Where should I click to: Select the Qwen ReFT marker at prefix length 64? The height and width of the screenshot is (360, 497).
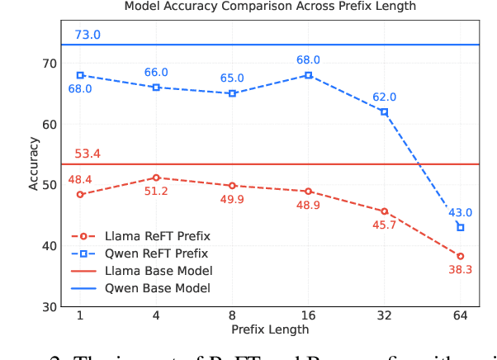tap(460, 227)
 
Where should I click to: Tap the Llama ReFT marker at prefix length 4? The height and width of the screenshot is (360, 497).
tap(156, 178)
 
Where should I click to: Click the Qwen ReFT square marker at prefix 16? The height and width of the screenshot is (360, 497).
tap(308, 75)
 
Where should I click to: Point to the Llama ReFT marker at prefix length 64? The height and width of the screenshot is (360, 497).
tap(460, 256)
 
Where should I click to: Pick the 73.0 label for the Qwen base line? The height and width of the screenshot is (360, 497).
tap(88, 35)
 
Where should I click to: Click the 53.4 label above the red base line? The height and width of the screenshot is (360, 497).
tap(88, 154)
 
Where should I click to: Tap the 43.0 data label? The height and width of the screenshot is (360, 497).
tap(461, 212)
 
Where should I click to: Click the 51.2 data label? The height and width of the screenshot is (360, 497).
tap(156, 192)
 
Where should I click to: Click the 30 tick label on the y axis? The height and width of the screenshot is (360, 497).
tap(50, 306)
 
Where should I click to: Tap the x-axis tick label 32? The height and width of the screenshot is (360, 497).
tap(384, 316)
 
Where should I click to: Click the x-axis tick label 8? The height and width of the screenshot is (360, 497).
tap(232, 316)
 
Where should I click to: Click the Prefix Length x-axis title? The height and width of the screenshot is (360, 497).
tap(270, 329)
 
